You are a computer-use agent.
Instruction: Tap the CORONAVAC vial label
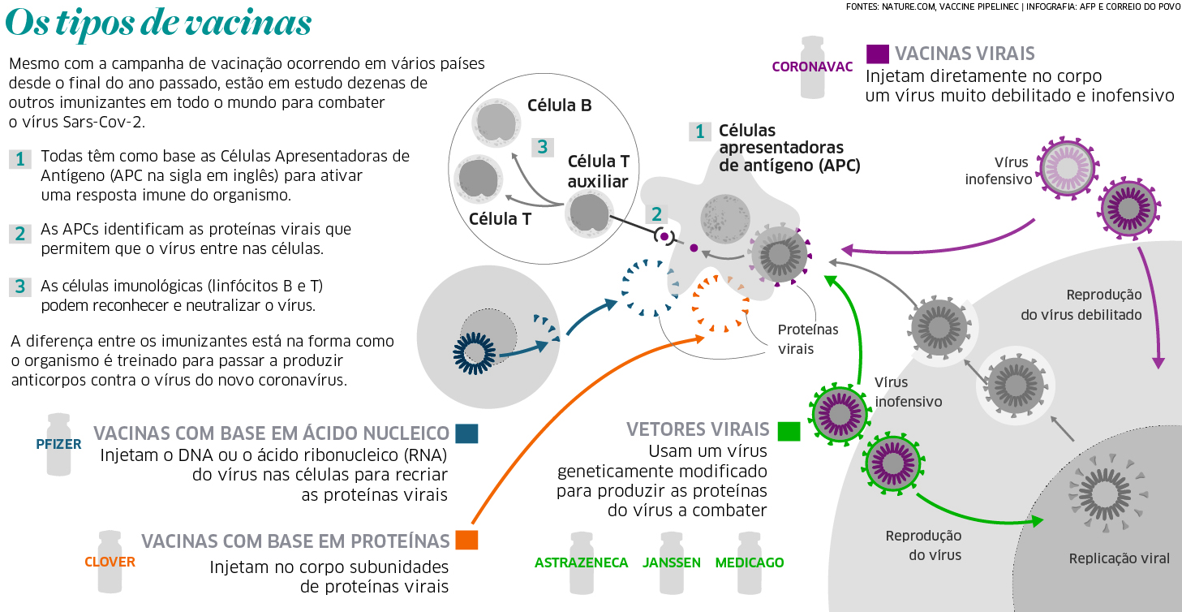point(812,67)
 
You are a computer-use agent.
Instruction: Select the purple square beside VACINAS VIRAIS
point(877,54)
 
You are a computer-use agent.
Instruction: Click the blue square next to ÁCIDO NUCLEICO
point(466,433)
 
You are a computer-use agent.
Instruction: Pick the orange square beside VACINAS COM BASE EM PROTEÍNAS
point(466,541)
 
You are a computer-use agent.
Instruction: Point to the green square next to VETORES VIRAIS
point(789,431)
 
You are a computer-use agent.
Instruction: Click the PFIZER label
point(58,445)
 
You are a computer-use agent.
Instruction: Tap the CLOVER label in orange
point(110,562)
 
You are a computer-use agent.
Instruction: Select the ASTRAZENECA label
point(581,562)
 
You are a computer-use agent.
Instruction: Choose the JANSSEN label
point(672,562)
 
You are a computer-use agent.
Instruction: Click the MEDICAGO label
point(750,562)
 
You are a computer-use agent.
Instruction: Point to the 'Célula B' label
point(559,106)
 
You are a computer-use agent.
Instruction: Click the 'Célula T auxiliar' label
point(598,171)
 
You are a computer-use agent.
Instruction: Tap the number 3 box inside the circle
point(543,147)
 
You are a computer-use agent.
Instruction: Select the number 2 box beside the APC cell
point(656,213)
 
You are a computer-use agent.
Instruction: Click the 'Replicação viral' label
point(1119,558)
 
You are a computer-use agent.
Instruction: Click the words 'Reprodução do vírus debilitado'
point(1103,304)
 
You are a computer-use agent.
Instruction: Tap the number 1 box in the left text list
point(20,158)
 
